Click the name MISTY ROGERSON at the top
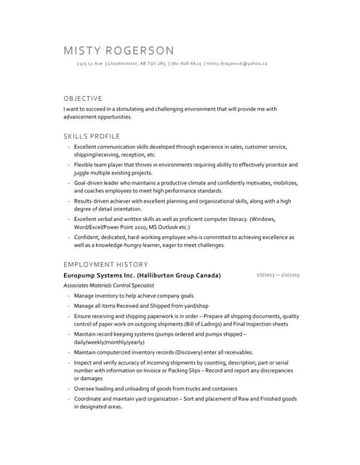pyautogui.click(x=119, y=51)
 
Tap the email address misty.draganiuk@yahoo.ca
pyautogui.click(x=237, y=64)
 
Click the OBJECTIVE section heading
pyautogui.click(x=82, y=98)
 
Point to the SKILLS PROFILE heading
pyautogui.click(x=92, y=136)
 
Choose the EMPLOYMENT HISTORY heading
pyautogui.click(x=105, y=264)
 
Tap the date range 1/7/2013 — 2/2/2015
pyautogui.click(x=279, y=275)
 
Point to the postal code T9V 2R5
pyautogui.click(x=158, y=64)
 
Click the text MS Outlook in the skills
pyautogui.click(x=154, y=227)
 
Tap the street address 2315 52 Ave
pyautogui.click(x=90, y=64)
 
